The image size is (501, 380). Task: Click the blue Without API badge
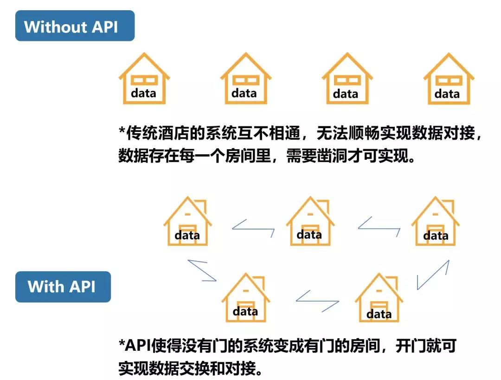[x=75, y=26]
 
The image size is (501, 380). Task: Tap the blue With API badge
[x=63, y=287]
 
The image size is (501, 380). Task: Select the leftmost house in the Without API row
[x=144, y=79]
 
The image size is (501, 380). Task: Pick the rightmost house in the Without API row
[x=449, y=79]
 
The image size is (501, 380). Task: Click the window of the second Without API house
[x=246, y=80]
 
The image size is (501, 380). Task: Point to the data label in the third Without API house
[x=346, y=94]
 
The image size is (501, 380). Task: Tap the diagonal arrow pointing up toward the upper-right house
[x=433, y=275]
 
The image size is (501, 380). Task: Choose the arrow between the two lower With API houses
[x=317, y=301]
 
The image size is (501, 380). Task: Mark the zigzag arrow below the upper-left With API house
[x=202, y=271]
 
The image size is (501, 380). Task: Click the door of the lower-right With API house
[x=379, y=311]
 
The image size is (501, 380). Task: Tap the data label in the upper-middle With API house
[x=309, y=235]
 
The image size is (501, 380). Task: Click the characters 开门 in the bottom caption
[x=411, y=346]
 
